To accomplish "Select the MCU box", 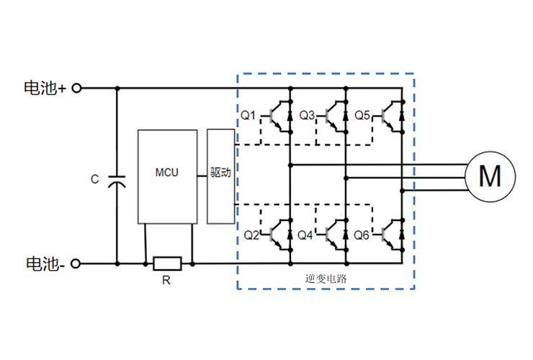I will [167, 176].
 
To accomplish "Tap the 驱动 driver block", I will [220, 176].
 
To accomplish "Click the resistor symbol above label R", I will [167, 264].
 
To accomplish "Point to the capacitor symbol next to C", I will [117, 180].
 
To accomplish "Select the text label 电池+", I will [45, 88].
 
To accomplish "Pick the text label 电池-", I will [45, 264].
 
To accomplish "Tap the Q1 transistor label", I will [248, 115].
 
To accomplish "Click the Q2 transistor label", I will [251, 235].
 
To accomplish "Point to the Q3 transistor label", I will [307, 115].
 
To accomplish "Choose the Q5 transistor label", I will [362, 115].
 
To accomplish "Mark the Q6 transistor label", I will [362, 235].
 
